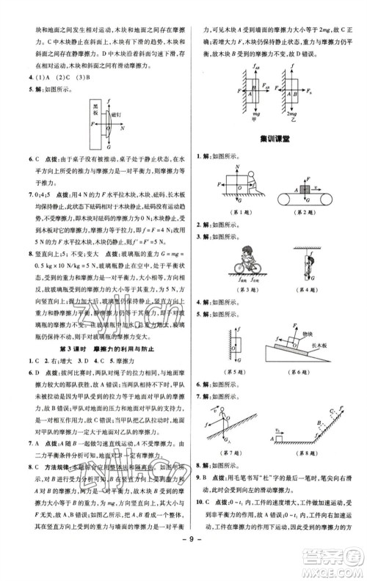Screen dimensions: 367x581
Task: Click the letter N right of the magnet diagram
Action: [123, 127]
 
